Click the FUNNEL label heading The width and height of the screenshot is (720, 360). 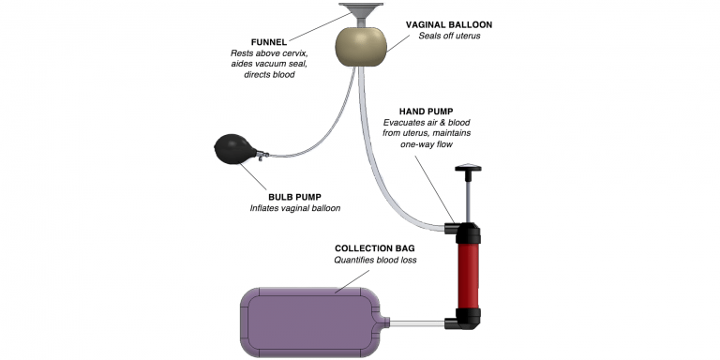click(x=269, y=42)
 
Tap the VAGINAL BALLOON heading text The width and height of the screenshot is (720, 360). click(x=449, y=24)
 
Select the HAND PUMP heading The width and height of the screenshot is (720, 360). click(x=427, y=112)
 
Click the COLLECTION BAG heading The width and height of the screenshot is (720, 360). click(x=375, y=248)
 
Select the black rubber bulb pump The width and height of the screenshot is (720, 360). click(x=234, y=148)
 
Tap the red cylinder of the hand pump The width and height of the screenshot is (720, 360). click(x=469, y=276)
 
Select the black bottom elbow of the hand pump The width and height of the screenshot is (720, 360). click(x=465, y=319)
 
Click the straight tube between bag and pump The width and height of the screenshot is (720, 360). click(x=417, y=323)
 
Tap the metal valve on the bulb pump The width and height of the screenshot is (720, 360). click(x=262, y=156)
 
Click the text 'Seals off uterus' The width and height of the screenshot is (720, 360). click(x=449, y=36)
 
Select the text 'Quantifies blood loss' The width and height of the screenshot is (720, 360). click(x=375, y=260)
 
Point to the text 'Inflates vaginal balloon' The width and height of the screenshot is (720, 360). click(x=295, y=208)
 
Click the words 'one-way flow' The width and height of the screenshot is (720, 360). click(x=427, y=143)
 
